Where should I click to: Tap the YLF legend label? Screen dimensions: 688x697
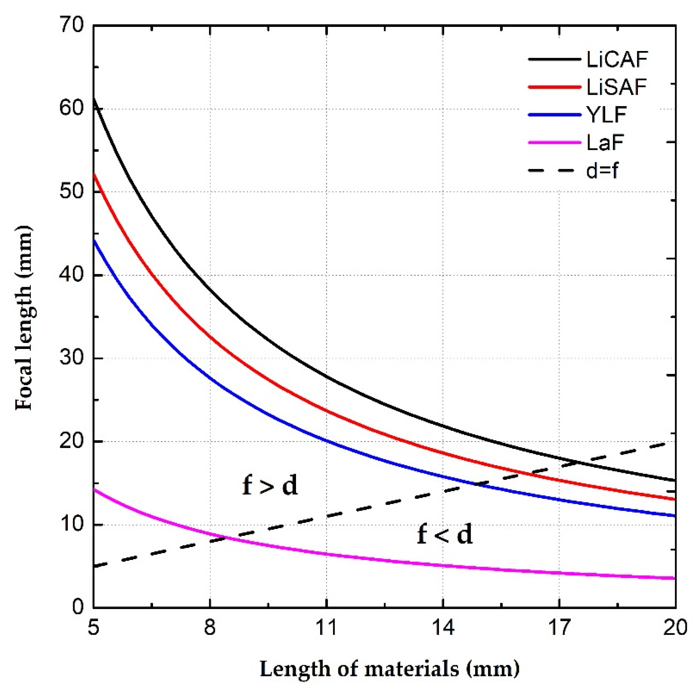606,115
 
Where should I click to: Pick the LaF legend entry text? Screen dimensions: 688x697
605,143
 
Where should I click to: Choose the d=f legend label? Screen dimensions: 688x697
602,170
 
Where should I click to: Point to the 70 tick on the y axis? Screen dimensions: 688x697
71,26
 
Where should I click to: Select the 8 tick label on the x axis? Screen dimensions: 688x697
210,627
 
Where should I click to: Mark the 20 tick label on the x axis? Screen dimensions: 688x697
674,627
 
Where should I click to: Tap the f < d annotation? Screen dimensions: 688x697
444,534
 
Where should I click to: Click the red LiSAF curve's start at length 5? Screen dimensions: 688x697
94,174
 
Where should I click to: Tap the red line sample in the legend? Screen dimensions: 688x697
554,87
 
